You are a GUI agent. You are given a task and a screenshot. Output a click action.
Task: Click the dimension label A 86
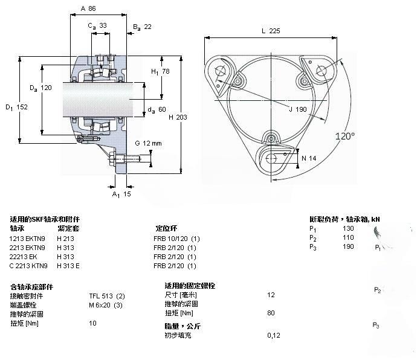tap(88, 8)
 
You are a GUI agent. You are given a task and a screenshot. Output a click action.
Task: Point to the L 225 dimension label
tap(271, 31)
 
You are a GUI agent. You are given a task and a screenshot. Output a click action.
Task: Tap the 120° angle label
tap(345, 137)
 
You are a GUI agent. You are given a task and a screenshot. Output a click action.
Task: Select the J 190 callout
tap(298, 109)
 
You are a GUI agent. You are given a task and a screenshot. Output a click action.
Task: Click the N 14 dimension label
tap(309, 158)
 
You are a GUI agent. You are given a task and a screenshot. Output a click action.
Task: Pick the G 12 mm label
tap(148, 143)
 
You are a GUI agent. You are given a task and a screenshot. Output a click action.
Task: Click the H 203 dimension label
tap(178, 117)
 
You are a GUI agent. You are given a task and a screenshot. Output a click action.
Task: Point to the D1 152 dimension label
tap(16, 108)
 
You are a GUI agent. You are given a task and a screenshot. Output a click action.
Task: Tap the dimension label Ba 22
tap(142, 27)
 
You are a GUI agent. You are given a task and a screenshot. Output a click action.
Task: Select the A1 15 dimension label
tap(121, 194)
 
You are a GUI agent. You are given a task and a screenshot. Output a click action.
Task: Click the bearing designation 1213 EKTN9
tap(27, 239)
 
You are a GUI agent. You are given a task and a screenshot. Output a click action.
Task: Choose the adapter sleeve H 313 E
tap(68, 266)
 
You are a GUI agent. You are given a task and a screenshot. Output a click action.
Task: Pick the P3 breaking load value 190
tap(348, 246)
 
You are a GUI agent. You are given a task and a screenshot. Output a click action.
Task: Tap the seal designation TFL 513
tap(101, 296)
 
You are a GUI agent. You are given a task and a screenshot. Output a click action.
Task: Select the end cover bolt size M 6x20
tap(100, 305)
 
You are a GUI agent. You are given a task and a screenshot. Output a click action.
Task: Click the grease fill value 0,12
tap(274, 335)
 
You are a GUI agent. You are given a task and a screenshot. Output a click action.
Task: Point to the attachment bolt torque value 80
tap(271, 313)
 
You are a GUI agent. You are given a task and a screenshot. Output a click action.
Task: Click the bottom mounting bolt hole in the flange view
tap(271, 158)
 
